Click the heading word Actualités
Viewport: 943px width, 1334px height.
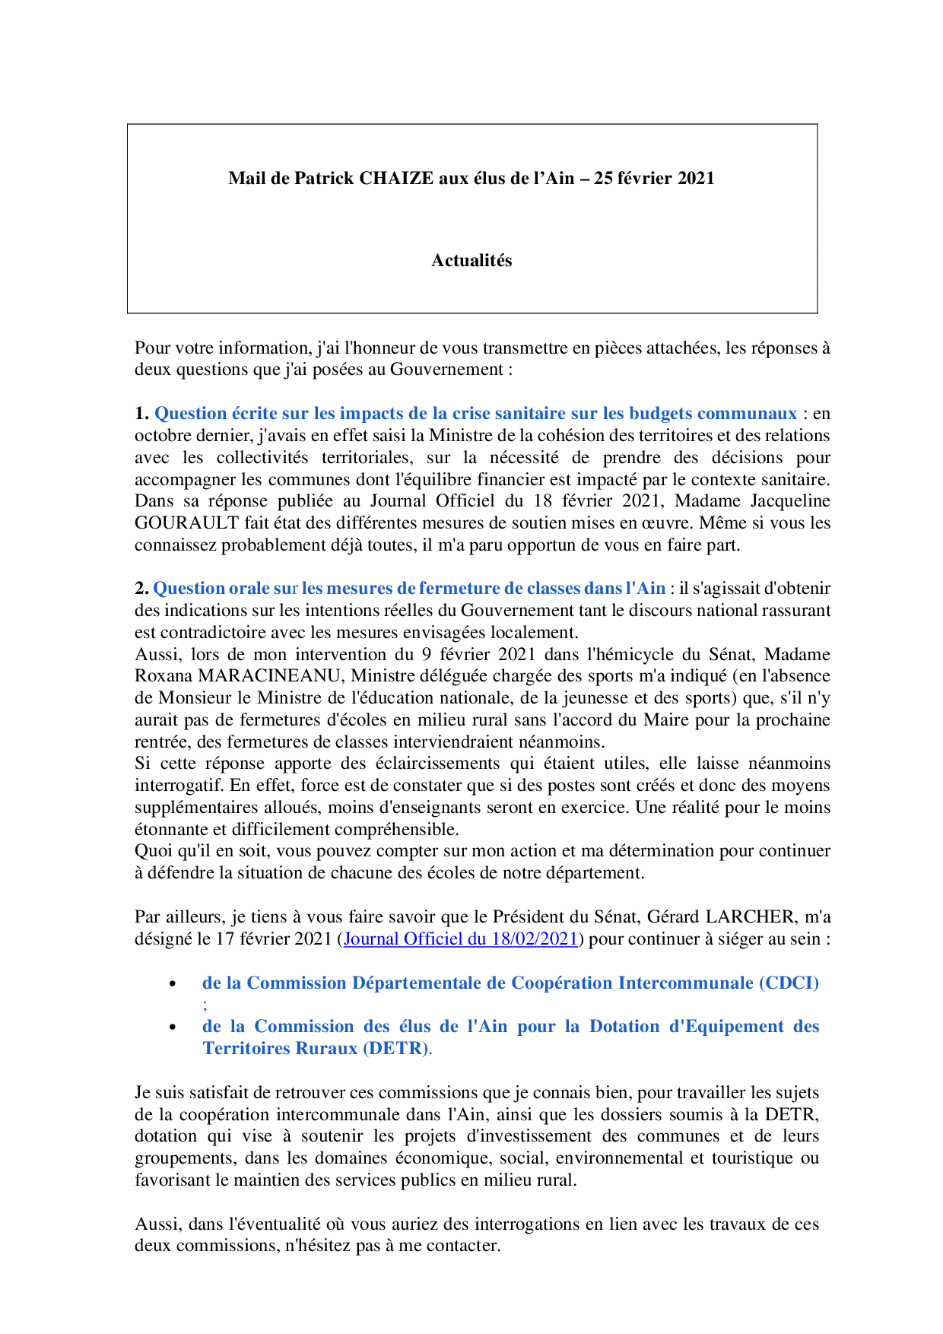point(471,261)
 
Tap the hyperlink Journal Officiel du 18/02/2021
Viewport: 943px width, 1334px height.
point(461,939)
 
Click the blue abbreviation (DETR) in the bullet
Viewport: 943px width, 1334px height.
point(395,1049)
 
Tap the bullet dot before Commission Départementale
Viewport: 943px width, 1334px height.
point(173,984)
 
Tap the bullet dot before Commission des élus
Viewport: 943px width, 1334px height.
point(173,1027)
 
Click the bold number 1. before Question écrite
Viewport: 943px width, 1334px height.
point(141,414)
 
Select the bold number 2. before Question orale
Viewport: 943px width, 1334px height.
point(141,589)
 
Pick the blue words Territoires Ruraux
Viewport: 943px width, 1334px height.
point(280,1049)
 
